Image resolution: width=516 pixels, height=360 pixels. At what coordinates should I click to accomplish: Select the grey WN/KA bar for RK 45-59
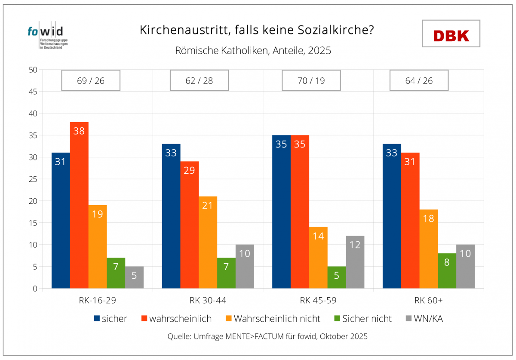click(x=355, y=262)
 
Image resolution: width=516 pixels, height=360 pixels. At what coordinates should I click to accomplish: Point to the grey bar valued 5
click(x=134, y=277)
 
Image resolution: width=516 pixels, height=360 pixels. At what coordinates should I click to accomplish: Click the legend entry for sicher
click(x=111, y=319)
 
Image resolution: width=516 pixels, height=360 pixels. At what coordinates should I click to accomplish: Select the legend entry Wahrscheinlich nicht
click(x=271, y=319)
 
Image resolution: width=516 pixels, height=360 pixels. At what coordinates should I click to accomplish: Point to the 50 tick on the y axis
click(x=33, y=70)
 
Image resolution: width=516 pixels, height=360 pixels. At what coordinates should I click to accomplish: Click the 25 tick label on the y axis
click(x=33, y=179)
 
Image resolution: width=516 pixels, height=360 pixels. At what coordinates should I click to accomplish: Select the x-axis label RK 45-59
click(x=318, y=300)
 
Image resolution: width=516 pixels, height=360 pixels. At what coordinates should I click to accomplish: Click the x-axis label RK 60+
click(x=428, y=300)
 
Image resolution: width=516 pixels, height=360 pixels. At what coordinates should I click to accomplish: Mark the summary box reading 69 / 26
click(x=91, y=80)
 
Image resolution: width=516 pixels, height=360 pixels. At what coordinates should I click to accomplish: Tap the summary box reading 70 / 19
click(x=311, y=80)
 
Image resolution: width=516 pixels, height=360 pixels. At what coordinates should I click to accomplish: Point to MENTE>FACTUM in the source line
click(x=253, y=336)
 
